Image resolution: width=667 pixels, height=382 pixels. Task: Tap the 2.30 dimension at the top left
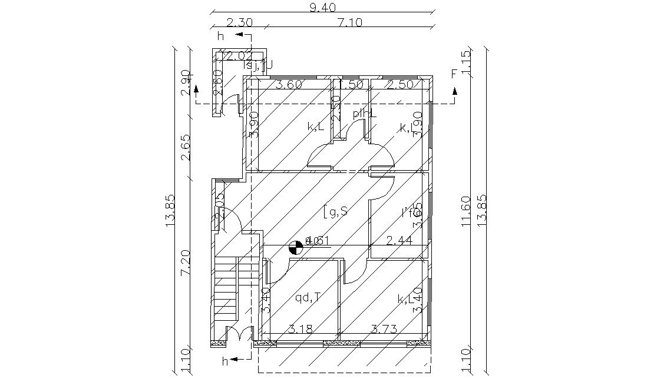tap(240, 22)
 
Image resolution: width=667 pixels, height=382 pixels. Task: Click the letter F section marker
tap(454, 74)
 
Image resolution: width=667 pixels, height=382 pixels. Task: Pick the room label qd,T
tap(308, 297)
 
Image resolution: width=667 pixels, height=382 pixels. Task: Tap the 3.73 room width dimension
tap(383, 328)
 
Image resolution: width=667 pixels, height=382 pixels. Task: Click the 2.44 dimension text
tap(398, 240)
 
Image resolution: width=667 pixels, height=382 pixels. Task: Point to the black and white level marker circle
tap(296, 248)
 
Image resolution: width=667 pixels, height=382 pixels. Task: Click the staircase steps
tap(226, 288)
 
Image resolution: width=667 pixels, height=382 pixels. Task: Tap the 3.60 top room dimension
tap(289, 84)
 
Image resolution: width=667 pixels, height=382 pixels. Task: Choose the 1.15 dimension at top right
tap(466, 62)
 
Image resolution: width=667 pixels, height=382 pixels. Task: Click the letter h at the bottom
tap(224, 362)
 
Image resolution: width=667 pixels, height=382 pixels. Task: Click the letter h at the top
tap(220, 36)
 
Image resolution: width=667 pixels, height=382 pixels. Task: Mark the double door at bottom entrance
tap(239, 337)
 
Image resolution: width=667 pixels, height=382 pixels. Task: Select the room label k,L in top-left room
tap(316, 127)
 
